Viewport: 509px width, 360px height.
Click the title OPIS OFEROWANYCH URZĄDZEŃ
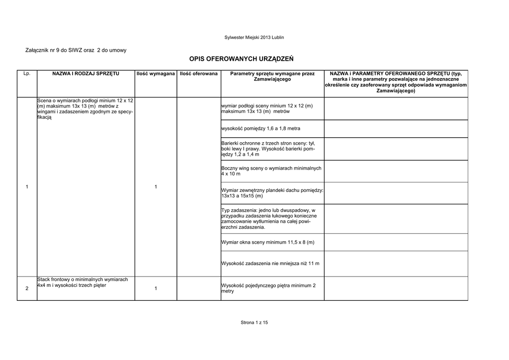click(x=242, y=59)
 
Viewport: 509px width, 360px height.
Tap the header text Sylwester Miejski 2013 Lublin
click(x=254, y=38)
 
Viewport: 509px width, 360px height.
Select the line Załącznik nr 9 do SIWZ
click(x=76, y=50)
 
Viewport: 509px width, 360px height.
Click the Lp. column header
click(x=27, y=74)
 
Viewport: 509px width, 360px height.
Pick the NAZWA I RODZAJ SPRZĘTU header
click(x=85, y=74)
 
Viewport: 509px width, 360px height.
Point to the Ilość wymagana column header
click(x=156, y=74)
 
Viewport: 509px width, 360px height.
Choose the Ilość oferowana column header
click(x=199, y=74)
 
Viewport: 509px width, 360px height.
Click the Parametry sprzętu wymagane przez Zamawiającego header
click(x=272, y=77)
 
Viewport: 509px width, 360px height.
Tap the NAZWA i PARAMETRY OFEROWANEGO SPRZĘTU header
click(x=396, y=82)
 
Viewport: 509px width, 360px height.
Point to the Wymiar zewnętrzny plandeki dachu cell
click(x=272, y=193)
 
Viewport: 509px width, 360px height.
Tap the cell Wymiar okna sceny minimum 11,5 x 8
click(x=268, y=242)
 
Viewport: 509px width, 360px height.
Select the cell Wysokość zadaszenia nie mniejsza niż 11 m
click(x=270, y=263)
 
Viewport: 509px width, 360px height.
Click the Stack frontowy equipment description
click(x=83, y=282)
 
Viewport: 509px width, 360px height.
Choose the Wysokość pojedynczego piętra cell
click(x=268, y=288)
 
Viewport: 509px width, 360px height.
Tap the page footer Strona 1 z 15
click(x=254, y=323)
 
